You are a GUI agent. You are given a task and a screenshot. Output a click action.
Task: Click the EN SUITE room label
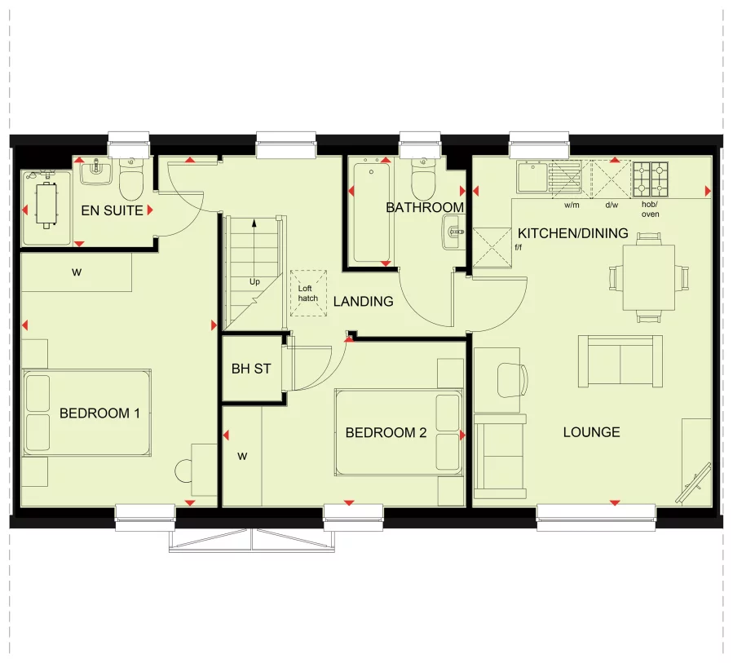point(112,210)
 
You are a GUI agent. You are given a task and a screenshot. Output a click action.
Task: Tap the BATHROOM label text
point(425,207)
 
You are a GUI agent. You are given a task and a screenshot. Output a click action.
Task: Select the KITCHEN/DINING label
point(573,233)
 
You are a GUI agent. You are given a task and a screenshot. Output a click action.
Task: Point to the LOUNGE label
point(591,432)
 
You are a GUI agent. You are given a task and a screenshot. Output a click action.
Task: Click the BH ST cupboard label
point(250,369)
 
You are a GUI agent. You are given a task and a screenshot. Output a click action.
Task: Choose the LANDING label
point(363,301)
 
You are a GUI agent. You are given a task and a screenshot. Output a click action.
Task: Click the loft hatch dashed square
point(307,294)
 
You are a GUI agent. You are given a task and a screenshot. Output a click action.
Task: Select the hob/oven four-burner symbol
point(651,179)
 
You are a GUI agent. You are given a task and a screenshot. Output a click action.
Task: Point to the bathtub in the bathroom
point(371,212)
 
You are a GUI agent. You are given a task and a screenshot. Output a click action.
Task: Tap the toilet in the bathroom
point(424,181)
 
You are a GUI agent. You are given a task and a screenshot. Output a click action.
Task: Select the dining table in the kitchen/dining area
point(648,277)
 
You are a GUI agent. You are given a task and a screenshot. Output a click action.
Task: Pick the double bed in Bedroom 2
point(399,431)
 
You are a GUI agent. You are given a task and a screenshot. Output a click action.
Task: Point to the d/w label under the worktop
point(611,206)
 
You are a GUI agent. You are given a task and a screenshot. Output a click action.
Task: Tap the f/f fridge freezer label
point(518,246)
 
